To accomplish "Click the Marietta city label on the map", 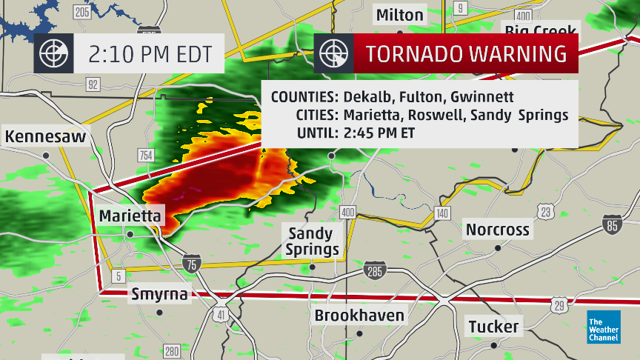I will [x=130, y=216].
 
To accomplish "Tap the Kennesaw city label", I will [x=45, y=137].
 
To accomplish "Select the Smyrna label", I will [x=159, y=294].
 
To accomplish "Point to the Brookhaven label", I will [x=360, y=316].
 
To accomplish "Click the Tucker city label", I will [x=493, y=326].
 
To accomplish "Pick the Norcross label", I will [x=498, y=230].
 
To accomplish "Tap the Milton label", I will [x=400, y=15].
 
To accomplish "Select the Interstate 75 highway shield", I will [x=192, y=263].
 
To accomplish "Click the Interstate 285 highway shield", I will [x=375, y=272].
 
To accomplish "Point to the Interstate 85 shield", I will [x=612, y=225].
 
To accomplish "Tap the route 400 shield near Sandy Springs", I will [x=347, y=213].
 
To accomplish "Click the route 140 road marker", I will [x=442, y=213].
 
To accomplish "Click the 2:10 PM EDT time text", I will [x=150, y=54].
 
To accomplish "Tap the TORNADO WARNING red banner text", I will [x=467, y=54].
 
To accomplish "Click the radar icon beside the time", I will [x=54, y=54].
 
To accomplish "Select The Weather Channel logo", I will [x=604, y=327].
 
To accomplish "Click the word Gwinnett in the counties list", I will [x=482, y=97].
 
